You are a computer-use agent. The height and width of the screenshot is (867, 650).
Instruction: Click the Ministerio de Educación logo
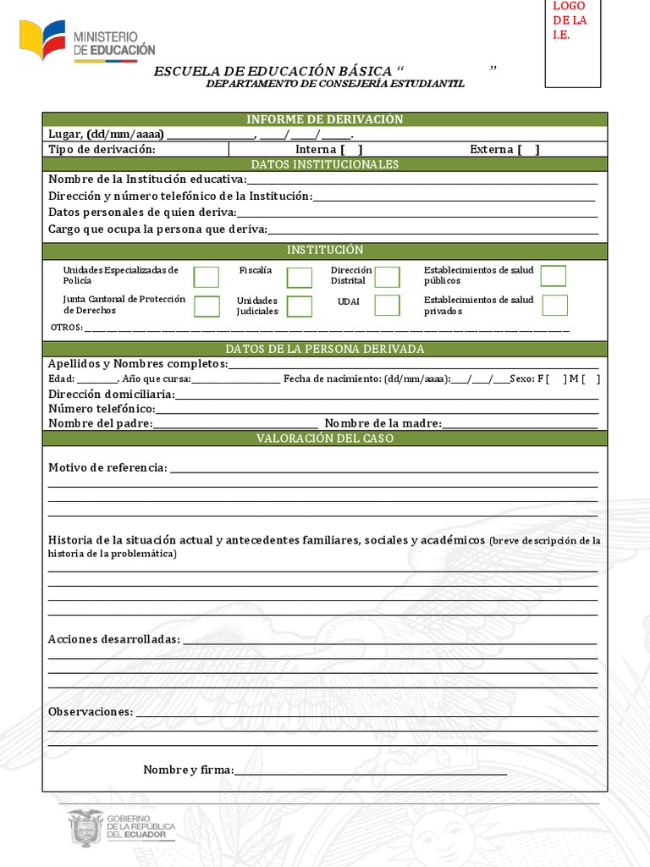(87, 41)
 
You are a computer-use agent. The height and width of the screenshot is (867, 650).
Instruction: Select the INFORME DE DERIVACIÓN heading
(325, 119)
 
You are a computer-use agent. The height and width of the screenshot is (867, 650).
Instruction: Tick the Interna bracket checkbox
(352, 150)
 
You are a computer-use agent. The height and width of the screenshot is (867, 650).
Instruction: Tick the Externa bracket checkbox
(529, 150)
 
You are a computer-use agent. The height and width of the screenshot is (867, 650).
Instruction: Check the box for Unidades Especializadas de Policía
(206, 277)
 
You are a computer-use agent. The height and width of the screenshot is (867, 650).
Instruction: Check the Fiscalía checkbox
(299, 278)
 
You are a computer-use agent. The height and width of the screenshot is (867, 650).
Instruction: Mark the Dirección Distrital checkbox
(387, 277)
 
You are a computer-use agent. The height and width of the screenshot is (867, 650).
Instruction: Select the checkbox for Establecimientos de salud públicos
(554, 276)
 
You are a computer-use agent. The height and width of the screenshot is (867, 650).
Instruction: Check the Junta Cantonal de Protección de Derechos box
(207, 306)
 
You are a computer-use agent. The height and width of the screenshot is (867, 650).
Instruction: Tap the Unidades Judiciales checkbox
(299, 306)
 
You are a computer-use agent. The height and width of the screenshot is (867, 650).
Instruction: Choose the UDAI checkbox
(387, 306)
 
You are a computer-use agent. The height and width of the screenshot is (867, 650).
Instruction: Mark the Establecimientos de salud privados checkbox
(554, 306)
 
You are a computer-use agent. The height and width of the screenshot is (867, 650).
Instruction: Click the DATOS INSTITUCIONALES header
(325, 164)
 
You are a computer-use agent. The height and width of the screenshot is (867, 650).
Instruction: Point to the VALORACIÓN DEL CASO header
(325, 439)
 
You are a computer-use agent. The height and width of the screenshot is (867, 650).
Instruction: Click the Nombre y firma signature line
(370, 770)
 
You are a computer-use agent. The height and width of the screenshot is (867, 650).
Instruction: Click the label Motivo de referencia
(107, 468)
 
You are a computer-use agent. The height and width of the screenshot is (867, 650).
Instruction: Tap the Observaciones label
(90, 712)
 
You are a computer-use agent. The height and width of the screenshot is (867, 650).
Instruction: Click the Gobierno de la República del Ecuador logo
(121, 826)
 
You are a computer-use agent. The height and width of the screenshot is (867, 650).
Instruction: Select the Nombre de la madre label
(383, 423)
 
